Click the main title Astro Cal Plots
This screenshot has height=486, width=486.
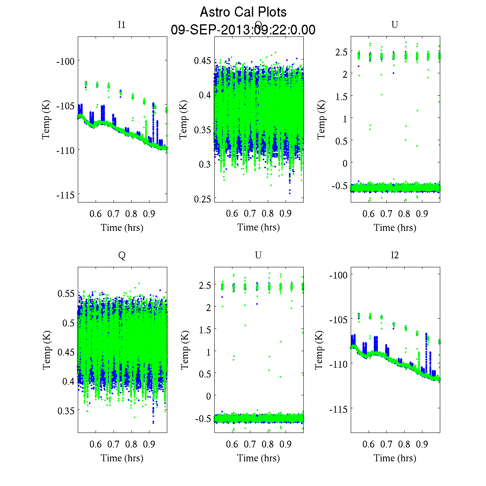pos(243,12)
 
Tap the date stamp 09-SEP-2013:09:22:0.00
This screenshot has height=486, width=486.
pos(243,30)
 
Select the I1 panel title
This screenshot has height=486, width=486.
pos(122,25)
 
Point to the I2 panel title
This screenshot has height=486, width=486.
pos(394,255)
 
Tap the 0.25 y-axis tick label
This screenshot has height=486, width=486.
pos(202,199)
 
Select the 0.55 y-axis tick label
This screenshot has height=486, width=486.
pos(66,293)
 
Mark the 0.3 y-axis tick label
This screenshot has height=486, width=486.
pos(205,164)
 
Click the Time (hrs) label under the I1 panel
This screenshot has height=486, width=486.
pos(122,228)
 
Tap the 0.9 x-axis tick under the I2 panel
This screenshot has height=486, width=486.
pos(422,444)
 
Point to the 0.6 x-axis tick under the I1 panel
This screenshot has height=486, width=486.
pos(96,214)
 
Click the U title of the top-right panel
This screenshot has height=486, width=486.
pos(394,25)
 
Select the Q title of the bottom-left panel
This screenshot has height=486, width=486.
pos(122,255)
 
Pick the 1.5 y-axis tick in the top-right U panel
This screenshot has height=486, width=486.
pos(341,96)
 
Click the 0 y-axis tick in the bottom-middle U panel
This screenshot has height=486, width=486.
pos(209,396)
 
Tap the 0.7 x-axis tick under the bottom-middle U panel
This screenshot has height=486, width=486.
pos(250,444)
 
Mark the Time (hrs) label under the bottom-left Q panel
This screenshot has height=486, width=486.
pos(122,458)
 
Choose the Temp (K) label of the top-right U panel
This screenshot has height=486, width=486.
pos(322,119)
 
